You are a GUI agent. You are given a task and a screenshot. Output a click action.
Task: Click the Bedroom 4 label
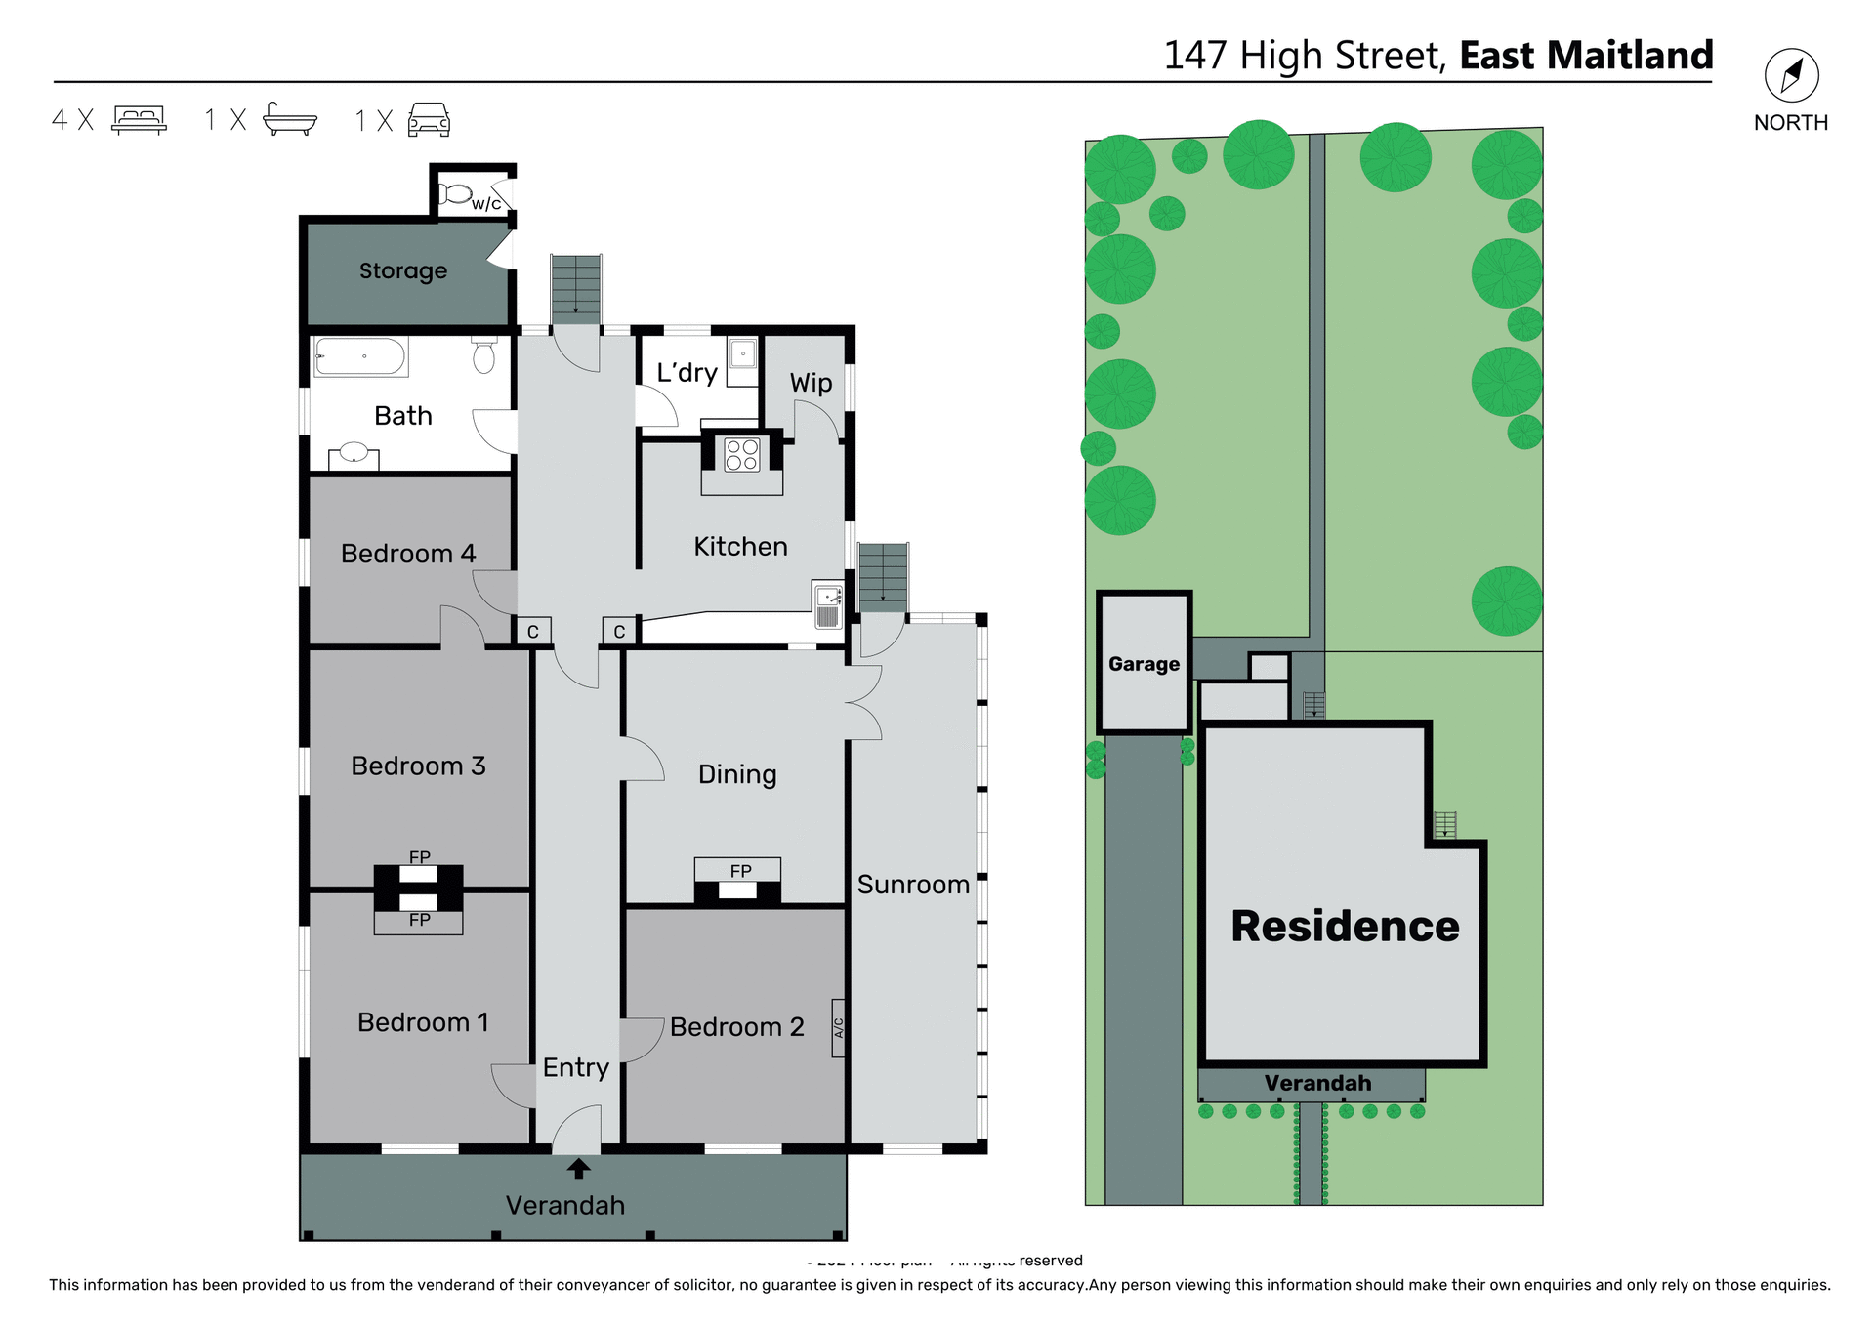[408, 554]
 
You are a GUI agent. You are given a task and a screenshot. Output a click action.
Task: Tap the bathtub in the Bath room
[359, 357]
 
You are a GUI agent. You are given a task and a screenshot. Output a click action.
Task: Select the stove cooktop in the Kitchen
[742, 455]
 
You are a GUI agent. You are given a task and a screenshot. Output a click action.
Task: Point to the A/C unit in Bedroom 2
[838, 1028]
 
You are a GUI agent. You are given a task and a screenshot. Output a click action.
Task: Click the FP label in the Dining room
[740, 870]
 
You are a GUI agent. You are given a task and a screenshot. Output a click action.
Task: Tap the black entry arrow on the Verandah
[578, 1168]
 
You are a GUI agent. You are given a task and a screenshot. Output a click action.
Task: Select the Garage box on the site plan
[1144, 663]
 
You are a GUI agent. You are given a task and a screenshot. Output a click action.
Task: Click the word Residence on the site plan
[1345, 926]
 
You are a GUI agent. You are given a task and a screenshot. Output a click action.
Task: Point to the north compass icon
[1791, 75]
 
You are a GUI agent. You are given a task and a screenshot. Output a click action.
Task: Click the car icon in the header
[429, 119]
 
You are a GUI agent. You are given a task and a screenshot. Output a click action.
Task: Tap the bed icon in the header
[140, 119]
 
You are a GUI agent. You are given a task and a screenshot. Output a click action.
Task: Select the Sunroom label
[913, 885]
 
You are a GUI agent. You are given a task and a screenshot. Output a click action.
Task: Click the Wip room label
[811, 383]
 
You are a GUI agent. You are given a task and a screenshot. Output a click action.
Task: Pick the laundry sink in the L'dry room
[742, 353]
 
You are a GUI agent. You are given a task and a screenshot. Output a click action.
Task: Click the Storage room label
[403, 270]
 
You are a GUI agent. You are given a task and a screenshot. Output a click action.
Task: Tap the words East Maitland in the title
[1586, 55]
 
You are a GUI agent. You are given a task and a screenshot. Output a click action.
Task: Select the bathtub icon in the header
[290, 119]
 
